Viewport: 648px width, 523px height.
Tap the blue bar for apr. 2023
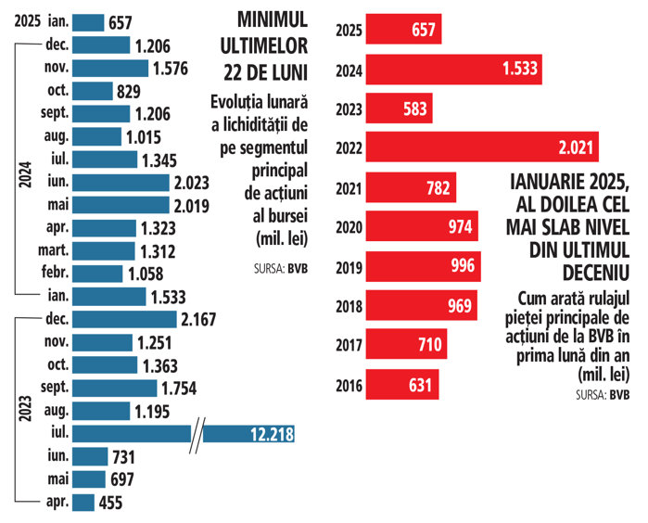(x=83, y=502)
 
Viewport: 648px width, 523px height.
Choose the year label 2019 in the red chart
(x=348, y=265)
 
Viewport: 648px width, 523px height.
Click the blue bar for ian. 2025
(x=88, y=22)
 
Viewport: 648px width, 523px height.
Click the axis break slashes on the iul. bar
(x=197, y=433)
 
